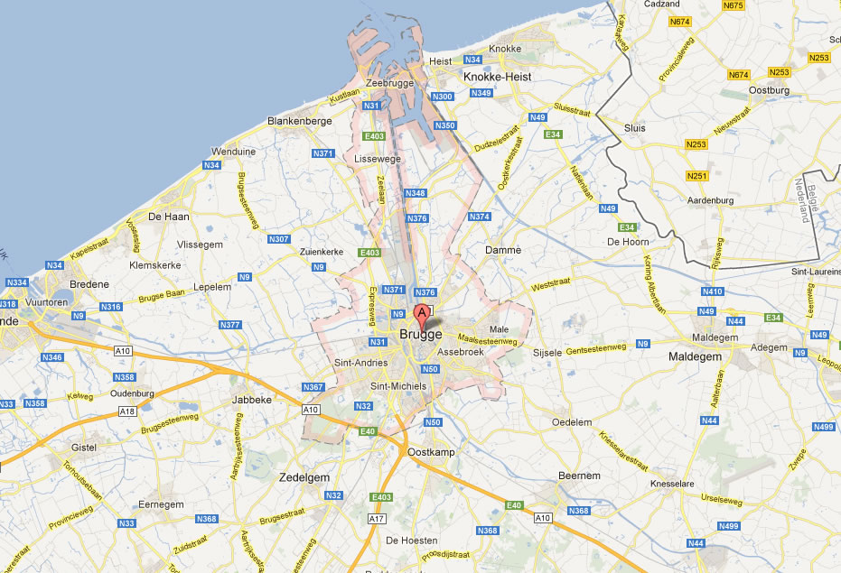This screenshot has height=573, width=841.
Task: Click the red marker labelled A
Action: coord(421,316)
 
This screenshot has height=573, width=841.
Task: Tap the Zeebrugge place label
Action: coord(389,83)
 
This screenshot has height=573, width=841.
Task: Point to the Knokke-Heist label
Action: coord(497,78)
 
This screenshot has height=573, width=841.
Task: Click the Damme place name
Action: coord(503,250)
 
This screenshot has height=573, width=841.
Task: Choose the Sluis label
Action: coord(635,128)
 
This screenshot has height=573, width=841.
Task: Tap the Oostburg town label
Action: coord(770,90)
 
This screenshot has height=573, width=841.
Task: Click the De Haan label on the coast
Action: coord(167,217)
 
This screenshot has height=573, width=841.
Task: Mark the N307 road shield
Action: coord(278,239)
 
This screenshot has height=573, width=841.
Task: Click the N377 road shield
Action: coord(230,325)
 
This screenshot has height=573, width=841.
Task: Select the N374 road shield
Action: coord(480,217)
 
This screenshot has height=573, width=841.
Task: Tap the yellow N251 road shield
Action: coord(697,176)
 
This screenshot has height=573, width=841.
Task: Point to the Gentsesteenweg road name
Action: coord(596,347)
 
